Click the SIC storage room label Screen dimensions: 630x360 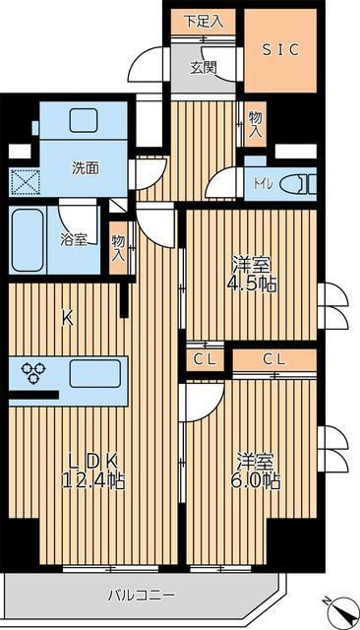click(x=280, y=48)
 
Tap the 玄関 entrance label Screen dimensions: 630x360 click(x=204, y=67)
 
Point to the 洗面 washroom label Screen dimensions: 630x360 click(x=85, y=167)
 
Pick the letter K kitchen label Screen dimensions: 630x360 click(x=67, y=317)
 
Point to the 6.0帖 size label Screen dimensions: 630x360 click(x=259, y=481)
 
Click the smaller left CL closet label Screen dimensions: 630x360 click(x=204, y=359)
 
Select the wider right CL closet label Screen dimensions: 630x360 click(x=274, y=359)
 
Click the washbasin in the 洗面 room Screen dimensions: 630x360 click(x=84, y=121)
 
